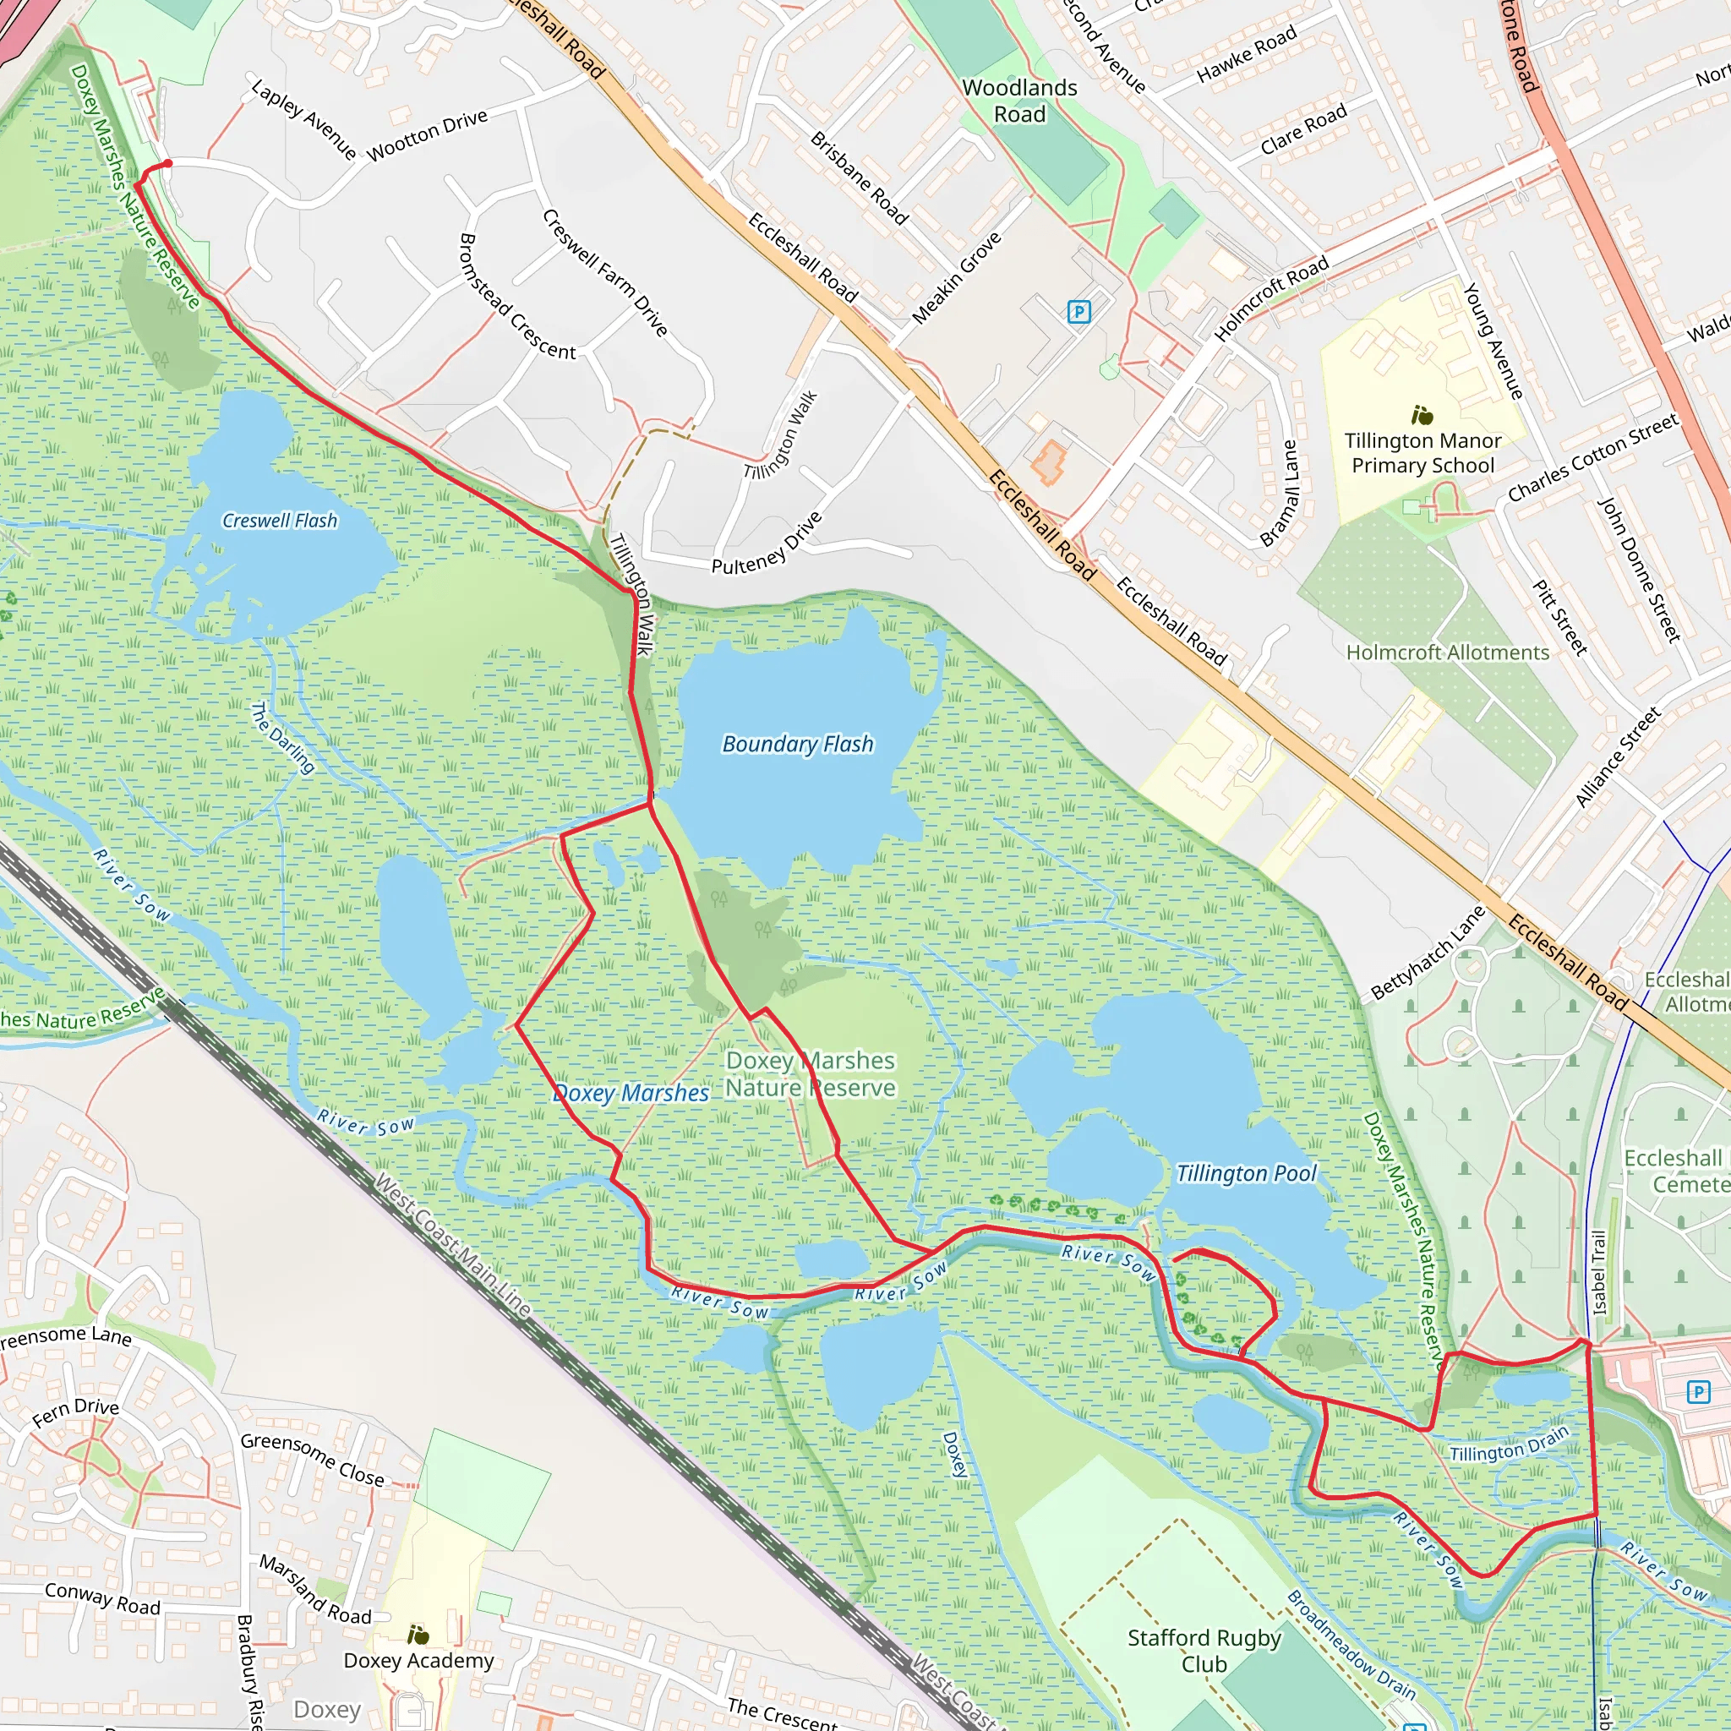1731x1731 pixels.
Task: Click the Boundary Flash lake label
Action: point(797,744)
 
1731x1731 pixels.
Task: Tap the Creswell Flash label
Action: point(280,521)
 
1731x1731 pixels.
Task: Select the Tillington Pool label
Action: point(1247,1174)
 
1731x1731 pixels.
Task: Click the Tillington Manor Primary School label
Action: point(1422,453)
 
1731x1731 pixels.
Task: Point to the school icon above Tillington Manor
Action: point(1422,415)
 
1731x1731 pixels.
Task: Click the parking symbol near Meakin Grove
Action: point(1078,312)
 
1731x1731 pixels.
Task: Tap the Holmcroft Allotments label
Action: point(1448,653)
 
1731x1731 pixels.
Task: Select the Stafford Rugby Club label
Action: point(1204,1651)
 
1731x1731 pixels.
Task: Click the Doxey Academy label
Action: point(418,1660)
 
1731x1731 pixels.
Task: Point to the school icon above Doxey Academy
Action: point(418,1635)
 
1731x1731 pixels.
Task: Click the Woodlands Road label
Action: point(1019,101)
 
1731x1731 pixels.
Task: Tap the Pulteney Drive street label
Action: point(766,543)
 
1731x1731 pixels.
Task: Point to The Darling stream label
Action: point(282,738)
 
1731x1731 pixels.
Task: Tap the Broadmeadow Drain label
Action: point(1351,1645)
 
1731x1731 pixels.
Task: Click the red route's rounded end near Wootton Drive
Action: point(167,163)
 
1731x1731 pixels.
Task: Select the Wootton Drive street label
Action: point(428,134)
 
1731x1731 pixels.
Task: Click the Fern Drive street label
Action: point(75,1412)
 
